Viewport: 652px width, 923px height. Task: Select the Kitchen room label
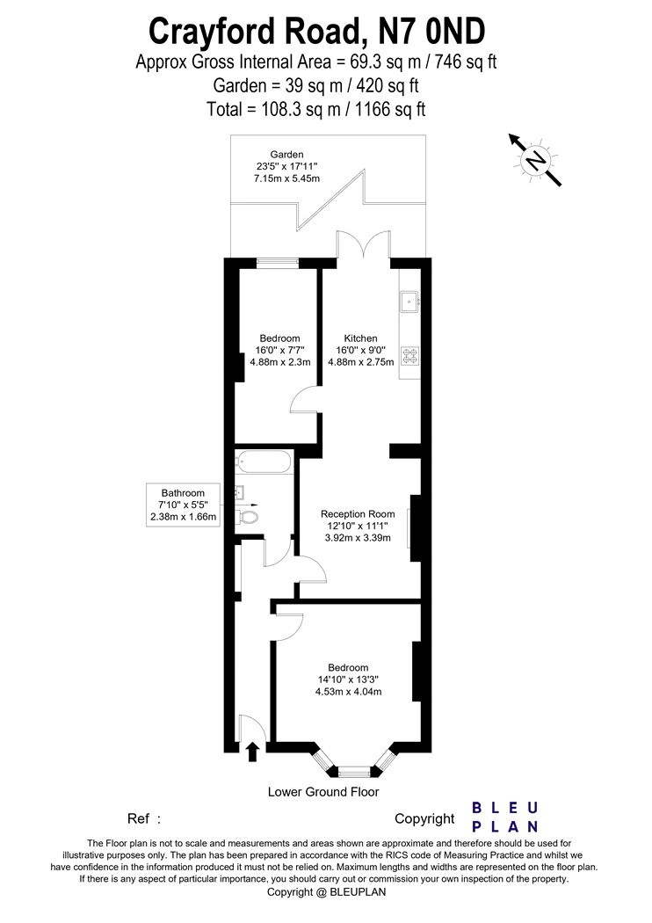[360, 338]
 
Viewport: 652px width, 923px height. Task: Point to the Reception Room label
[358, 514]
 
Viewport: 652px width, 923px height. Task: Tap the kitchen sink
[409, 303]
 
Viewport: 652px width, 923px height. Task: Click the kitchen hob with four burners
[409, 357]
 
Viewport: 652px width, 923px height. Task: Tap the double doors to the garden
[363, 247]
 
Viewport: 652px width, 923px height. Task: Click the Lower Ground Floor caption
[323, 792]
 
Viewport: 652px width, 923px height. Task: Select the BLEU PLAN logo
[505, 817]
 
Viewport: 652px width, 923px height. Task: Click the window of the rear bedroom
[278, 261]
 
